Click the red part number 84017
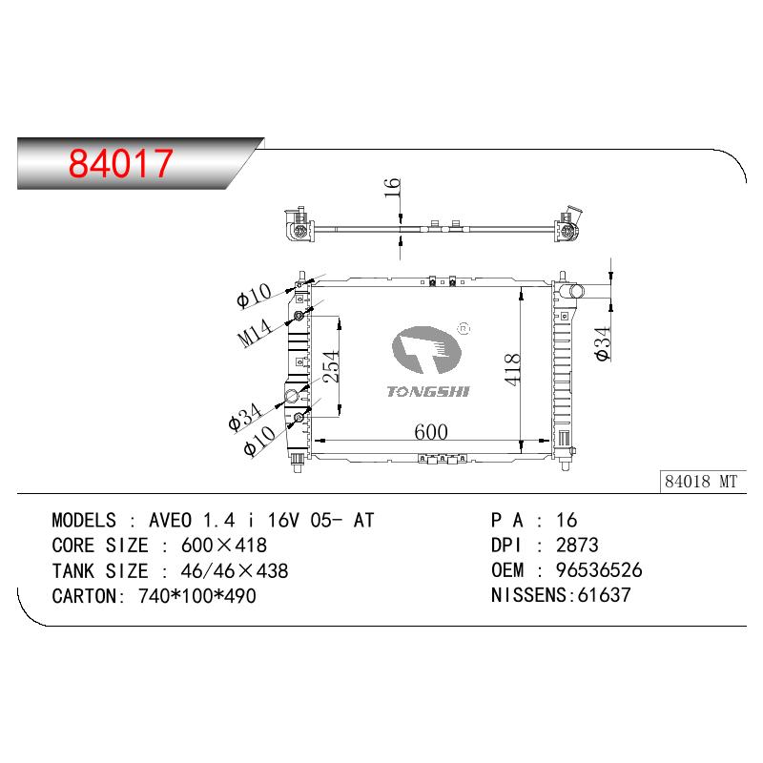[x=121, y=163]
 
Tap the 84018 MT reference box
[x=703, y=482]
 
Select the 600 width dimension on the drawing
[x=431, y=432]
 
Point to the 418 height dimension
[x=513, y=370]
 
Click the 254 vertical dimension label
[x=331, y=366]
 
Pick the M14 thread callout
[x=255, y=333]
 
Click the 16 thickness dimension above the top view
[x=392, y=188]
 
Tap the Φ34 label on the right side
[x=603, y=343]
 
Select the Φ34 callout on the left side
[x=245, y=418]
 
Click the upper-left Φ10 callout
[x=254, y=296]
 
